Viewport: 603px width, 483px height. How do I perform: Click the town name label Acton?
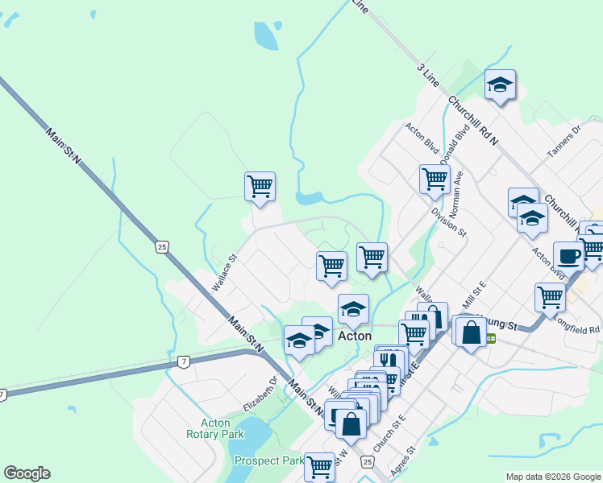click(x=354, y=336)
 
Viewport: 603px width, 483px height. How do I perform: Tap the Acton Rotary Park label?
click(x=214, y=428)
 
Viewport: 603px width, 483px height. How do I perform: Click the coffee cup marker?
click(x=569, y=256)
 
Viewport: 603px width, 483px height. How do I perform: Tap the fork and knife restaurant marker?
click(x=389, y=360)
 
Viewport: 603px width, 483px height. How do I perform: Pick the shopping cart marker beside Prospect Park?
click(x=320, y=464)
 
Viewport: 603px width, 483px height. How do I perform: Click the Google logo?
click(x=27, y=473)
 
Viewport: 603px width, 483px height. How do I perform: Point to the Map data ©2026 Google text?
click(x=552, y=477)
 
